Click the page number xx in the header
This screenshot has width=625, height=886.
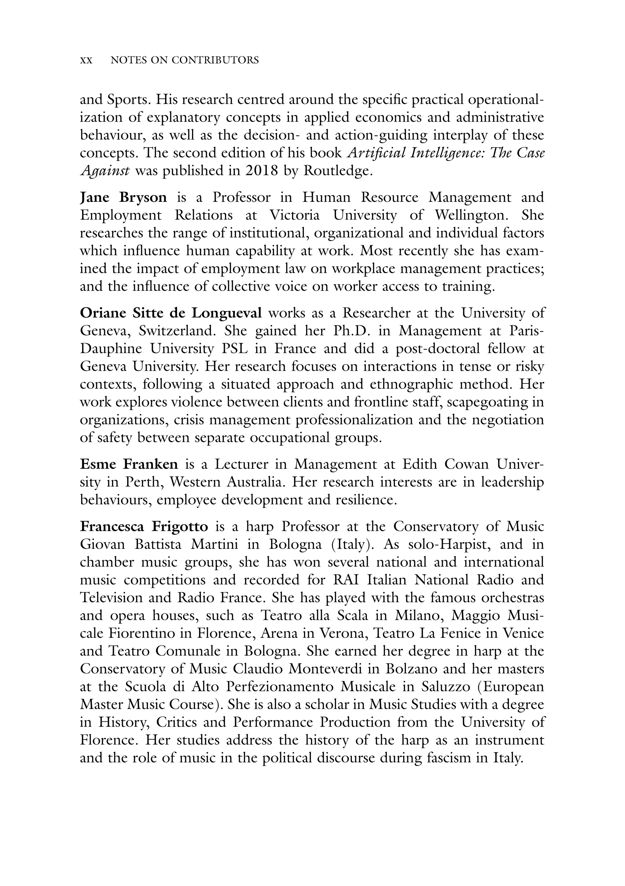coord(86,61)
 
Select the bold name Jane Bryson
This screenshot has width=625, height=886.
coord(123,198)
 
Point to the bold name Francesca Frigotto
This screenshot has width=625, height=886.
coord(144,526)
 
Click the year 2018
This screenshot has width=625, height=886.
coord(262,170)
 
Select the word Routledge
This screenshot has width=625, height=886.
coord(338,170)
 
